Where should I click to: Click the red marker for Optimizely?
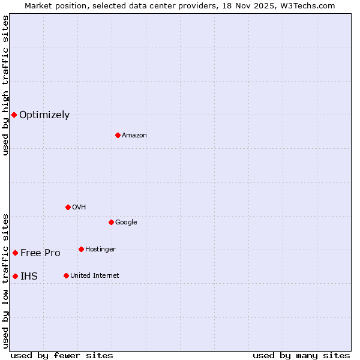click(14, 115)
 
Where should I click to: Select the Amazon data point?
click(118, 135)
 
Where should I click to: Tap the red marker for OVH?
click(68, 207)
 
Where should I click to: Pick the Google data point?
click(111, 222)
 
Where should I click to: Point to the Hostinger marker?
click(81, 249)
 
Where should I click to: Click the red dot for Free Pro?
click(15, 253)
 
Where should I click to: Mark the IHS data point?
click(15, 276)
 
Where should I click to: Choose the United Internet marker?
click(66, 275)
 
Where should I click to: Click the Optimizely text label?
click(44, 115)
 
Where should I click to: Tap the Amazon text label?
click(134, 136)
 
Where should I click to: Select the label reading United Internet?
click(95, 276)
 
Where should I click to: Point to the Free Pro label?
click(40, 253)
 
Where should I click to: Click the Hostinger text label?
click(100, 250)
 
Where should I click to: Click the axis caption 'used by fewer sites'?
click(62, 355)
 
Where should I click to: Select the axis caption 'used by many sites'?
click(301, 355)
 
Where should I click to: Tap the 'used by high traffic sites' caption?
click(5, 85)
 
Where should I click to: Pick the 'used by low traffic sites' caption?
click(5, 281)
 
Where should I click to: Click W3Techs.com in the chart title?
click(310, 5)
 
